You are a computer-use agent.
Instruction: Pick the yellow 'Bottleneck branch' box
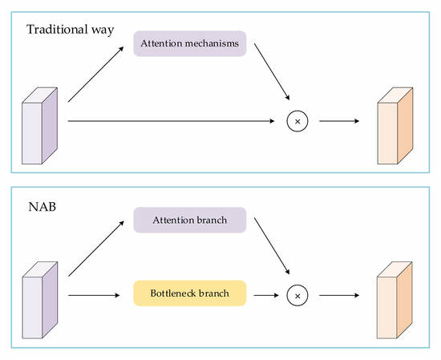(x=189, y=294)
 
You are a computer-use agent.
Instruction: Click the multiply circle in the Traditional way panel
(x=297, y=121)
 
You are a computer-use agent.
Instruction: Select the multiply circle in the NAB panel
(x=297, y=295)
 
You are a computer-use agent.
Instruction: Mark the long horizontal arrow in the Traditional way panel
(x=172, y=121)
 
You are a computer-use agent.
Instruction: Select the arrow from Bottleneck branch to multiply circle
(x=265, y=295)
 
